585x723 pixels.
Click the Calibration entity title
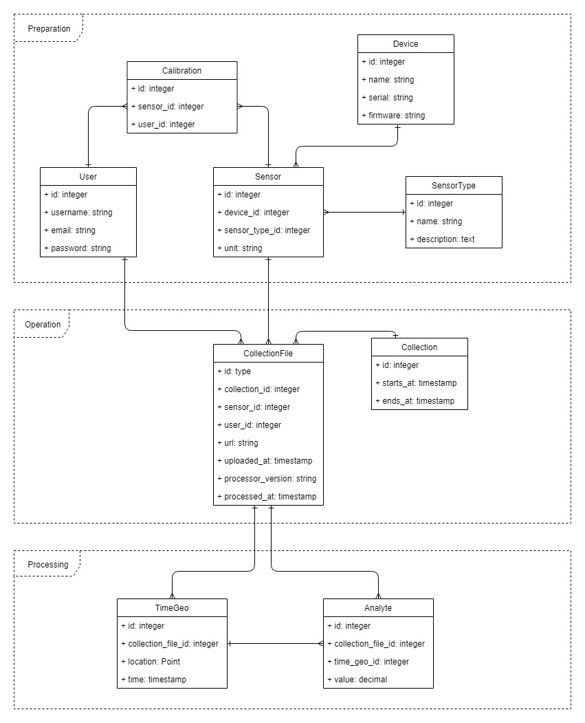[x=182, y=70]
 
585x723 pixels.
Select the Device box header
[x=406, y=43]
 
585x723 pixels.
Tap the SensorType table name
[x=454, y=185]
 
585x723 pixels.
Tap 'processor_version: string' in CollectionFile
[x=267, y=478]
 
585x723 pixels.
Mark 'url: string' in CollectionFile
[x=238, y=442]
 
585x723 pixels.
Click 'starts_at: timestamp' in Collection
[x=416, y=382]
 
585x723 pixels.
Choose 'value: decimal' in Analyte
[x=357, y=679]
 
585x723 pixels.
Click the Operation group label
[x=43, y=324]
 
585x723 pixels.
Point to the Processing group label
[x=47, y=565]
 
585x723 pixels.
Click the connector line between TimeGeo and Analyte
[x=275, y=644]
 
